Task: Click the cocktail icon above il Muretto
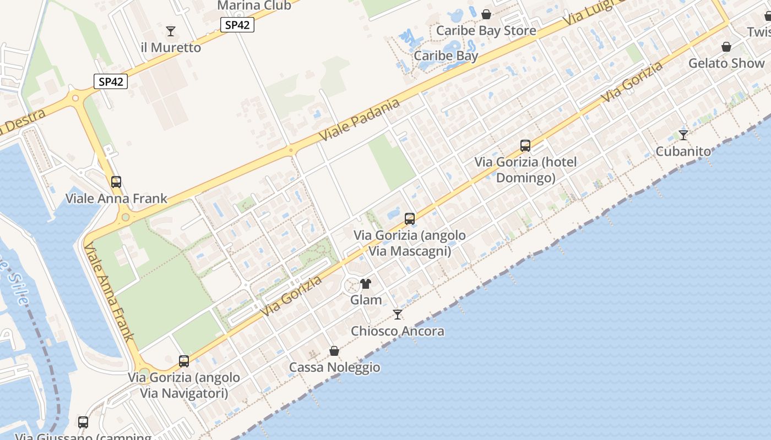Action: point(171,31)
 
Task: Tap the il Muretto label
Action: point(171,48)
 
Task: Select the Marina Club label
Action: point(254,5)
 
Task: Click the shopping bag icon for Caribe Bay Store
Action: point(486,14)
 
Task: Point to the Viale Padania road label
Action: point(359,120)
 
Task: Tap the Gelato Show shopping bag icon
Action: point(726,47)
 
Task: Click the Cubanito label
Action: point(683,151)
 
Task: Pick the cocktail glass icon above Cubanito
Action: point(683,135)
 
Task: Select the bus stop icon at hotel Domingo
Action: point(525,146)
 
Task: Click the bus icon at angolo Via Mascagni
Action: point(410,219)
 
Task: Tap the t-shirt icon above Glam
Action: point(366,284)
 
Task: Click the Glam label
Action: point(366,300)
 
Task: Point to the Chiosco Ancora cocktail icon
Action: point(397,315)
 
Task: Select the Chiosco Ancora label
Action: point(397,331)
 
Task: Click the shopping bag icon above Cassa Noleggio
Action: point(334,351)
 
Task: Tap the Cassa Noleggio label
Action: point(334,367)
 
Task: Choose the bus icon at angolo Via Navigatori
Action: point(184,361)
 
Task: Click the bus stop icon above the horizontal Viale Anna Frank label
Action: point(116,182)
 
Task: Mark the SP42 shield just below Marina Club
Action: point(237,25)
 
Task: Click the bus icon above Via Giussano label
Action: point(83,422)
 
